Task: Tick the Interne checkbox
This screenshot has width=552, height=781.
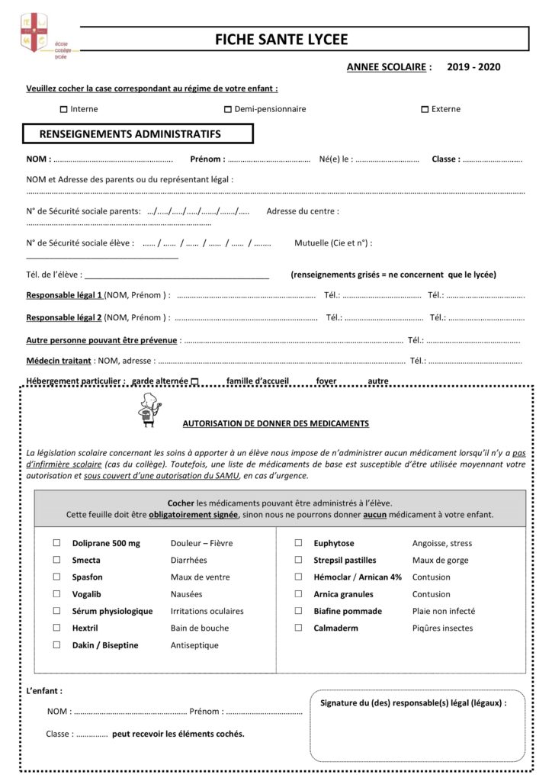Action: click(63, 109)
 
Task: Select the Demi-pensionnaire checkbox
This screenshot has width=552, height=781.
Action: click(227, 109)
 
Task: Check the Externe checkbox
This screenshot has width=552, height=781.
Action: click(425, 109)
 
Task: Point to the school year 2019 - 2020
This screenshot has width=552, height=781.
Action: click(473, 67)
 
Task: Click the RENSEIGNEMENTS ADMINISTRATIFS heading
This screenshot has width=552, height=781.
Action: click(130, 134)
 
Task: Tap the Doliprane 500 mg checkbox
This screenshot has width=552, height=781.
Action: click(56, 543)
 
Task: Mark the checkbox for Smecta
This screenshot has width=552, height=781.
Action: click(56, 560)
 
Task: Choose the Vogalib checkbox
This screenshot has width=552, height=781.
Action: click(56, 594)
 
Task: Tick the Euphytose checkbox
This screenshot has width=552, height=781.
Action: click(299, 543)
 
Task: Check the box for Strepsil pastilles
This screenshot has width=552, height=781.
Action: click(299, 560)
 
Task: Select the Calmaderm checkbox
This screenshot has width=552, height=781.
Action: click(299, 628)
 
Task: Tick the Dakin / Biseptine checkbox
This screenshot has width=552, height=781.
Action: click(56, 644)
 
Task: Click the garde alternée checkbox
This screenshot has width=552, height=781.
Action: click(194, 381)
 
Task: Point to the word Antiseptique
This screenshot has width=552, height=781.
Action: click(194, 645)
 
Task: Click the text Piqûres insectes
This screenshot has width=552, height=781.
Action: click(442, 628)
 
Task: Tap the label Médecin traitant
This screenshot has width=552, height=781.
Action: click(59, 361)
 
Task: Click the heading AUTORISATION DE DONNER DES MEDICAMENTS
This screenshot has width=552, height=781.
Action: click(275, 423)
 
